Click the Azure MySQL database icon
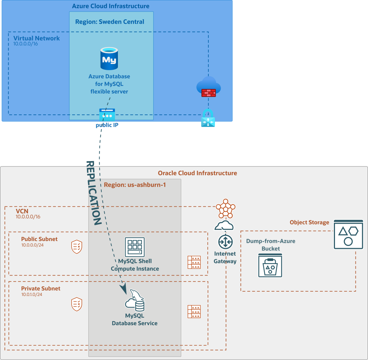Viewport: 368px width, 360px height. [x=109, y=59]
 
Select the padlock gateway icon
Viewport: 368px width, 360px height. [x=208, y=118]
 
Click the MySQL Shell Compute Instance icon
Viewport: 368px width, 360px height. [x=135, y=247]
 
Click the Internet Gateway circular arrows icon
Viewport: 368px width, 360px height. [x=226, y=242]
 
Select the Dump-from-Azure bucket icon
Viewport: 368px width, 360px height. [x=270, y=265]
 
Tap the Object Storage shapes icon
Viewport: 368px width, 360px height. [x=348, y=235]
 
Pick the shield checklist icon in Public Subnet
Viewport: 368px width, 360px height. [x=77, y=247]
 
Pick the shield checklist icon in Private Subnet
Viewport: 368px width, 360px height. [x=77, y=304]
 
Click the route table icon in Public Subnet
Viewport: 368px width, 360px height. [x=194, y=263]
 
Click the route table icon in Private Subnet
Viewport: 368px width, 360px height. [x=194, y=311]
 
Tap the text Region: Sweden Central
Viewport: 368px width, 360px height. [x=110, y=22]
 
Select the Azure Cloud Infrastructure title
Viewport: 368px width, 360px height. [x=111, y=6]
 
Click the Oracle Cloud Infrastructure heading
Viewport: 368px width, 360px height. [x=197, y=173]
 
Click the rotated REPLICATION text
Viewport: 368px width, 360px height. [x=93, y=194]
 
